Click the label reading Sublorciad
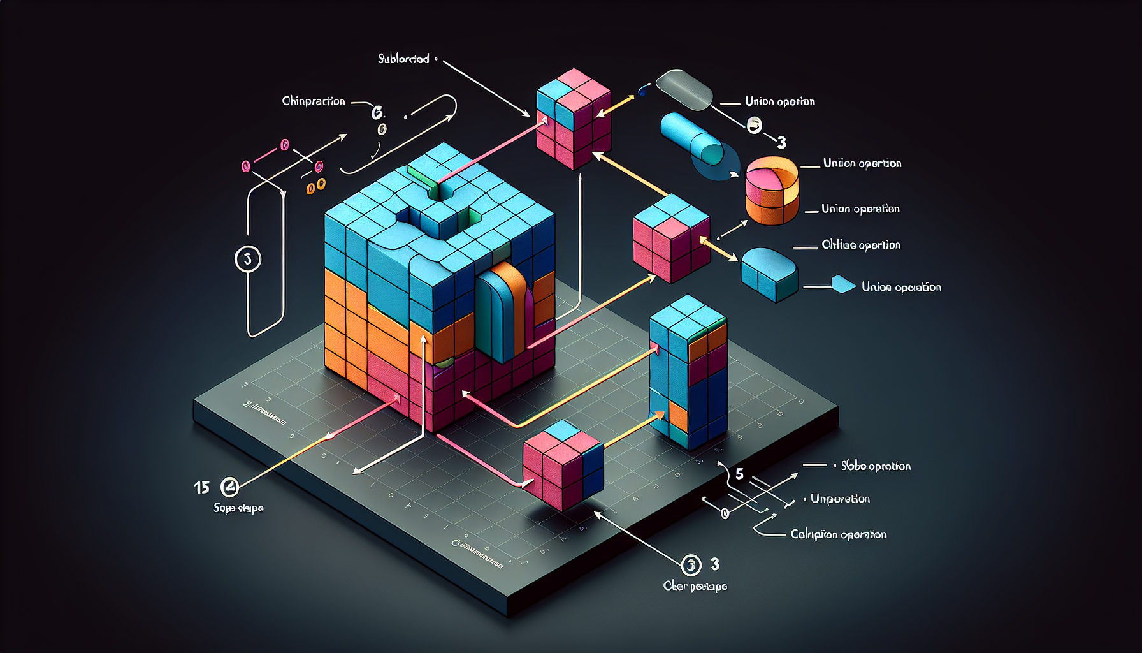coord(403,59)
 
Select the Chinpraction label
coord(314,101)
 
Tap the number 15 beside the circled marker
coord(201,488)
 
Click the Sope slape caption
coord(238,508)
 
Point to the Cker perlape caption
coord(695,586)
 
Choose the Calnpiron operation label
coord(838,534)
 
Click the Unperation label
coord(840,499)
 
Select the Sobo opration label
coord(876,466)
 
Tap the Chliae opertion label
coord(861,245)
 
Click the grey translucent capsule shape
coord(684,89)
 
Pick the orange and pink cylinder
coord(772,190)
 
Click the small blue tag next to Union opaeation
coord(842,284)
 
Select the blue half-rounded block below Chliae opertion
coord(769,274)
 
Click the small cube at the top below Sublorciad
coord(574,119)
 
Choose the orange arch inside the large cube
coord(505,312)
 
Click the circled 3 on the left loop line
coord(248,259)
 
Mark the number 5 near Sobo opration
coord(739,474)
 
